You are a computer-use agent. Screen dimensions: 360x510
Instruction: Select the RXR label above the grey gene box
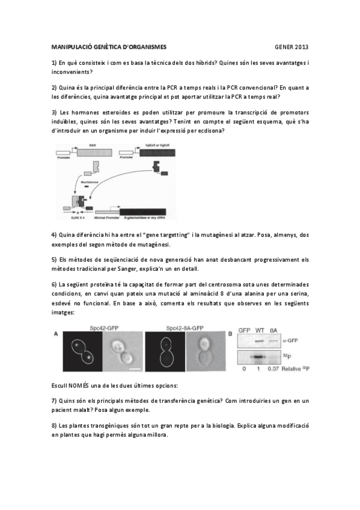[x=93, y=145]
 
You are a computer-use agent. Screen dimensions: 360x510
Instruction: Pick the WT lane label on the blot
[x=260, y=331]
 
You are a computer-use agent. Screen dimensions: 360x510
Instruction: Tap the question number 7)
[x=54, y=400]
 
